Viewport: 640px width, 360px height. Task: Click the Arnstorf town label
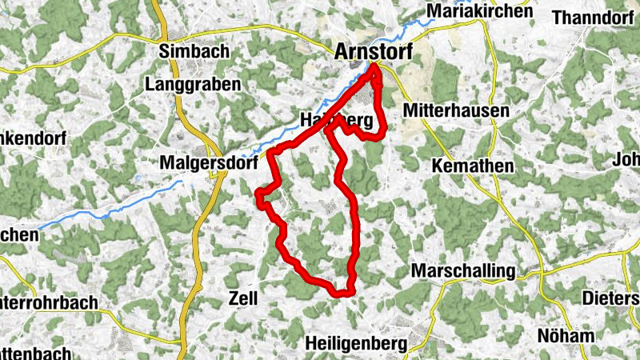373,51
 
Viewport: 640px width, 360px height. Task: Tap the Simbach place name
194,51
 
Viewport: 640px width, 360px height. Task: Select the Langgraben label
182,83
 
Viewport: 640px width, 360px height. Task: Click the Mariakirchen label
480,11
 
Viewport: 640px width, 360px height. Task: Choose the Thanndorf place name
593,17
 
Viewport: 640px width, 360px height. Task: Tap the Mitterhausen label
456,110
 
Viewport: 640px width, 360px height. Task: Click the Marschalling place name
463,271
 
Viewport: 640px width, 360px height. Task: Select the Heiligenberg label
356,343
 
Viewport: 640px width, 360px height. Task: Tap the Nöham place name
566,336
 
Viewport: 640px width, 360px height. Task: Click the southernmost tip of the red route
342,294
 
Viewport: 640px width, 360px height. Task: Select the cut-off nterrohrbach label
49,303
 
